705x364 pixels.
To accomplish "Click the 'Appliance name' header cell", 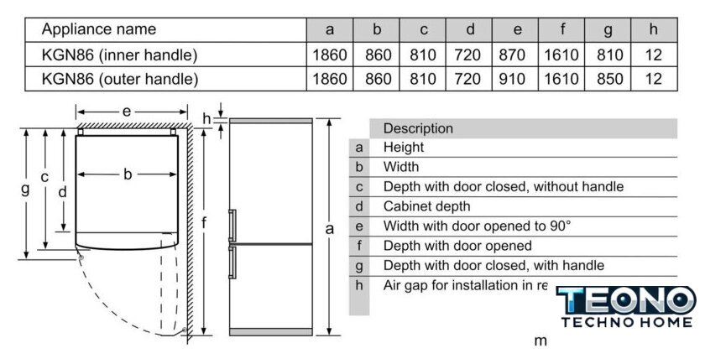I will [x=99, y=29].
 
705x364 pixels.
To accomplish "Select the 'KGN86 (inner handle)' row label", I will [x=120, y=55].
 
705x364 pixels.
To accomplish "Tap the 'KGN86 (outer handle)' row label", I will [x=120, y=80].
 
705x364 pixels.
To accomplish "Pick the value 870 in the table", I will [x=518, y=55].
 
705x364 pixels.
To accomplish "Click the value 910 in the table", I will [x=518, y=80].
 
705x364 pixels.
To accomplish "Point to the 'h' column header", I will [x=654, y=29].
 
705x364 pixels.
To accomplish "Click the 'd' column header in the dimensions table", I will [x=471, y=29].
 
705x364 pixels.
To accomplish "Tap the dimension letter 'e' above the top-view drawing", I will [x=126, y=111].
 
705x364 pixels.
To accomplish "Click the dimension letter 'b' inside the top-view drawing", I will [x=128, y=174].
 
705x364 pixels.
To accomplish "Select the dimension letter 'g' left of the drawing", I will [x=25, y=189].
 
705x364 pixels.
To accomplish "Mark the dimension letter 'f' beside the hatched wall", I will [x=205, y=222].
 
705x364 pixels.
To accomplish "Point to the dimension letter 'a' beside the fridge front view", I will [x=330, y=228].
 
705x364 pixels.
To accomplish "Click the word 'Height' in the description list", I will [x=404, y=148].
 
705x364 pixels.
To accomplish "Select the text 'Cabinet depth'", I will [x=426, y=206].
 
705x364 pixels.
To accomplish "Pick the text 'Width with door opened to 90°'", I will [x=477, y=226].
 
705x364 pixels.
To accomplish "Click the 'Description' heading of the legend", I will [x=418, y=128].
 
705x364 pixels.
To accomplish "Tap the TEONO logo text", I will [x=626, y=300].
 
